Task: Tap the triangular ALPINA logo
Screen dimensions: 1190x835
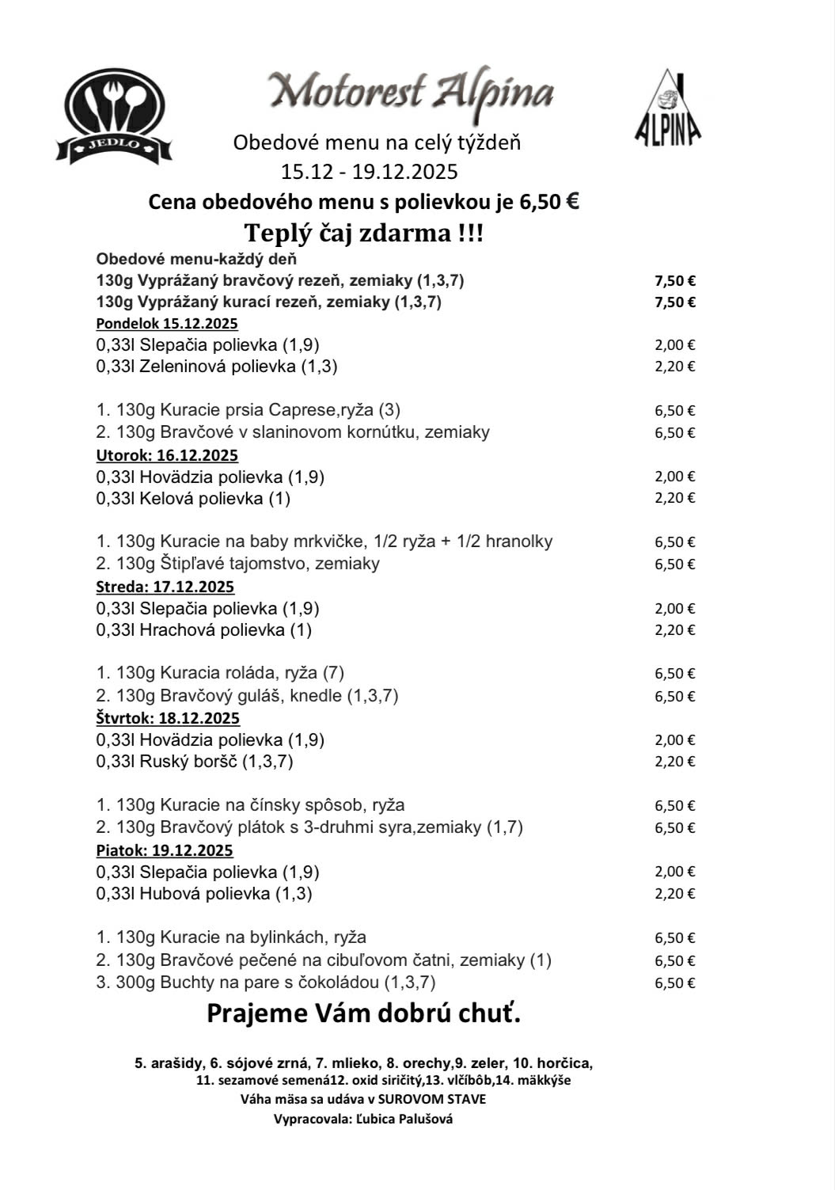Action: (x=667, y=108)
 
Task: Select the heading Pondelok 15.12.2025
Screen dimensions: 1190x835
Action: (x=167, y=323)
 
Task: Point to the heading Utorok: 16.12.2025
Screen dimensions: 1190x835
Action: (x=167, y=455)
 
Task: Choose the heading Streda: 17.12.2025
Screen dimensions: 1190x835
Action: (x=165, y=587)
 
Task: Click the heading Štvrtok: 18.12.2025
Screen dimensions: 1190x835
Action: (x=168, y=718)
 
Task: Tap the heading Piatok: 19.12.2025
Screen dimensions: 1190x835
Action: (x=165, y=850)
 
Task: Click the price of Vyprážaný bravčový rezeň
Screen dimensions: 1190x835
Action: (x=674, y=280)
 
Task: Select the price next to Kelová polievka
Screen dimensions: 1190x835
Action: (x=674, y=498)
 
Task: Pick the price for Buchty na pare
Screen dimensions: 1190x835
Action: (x=674, y=983)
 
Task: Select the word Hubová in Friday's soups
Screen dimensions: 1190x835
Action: (x=166, y=894)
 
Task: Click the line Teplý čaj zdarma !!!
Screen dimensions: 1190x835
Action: (x=364, y=234)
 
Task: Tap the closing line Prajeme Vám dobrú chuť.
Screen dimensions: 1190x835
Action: (x=364, y=1013)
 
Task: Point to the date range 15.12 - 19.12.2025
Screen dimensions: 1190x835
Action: (x=370, y=171)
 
